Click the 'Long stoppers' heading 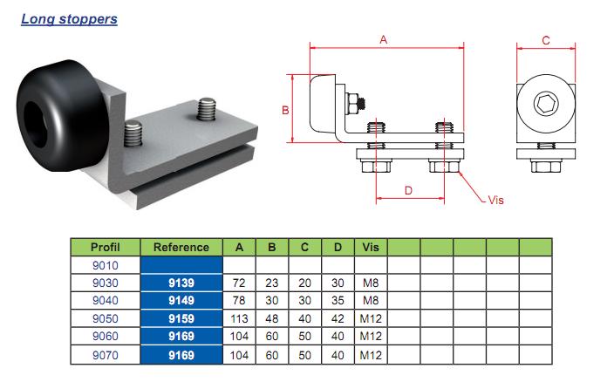(x=69, y=18)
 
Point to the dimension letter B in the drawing (x=284, y=110)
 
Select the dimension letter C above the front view (x=546, y=40)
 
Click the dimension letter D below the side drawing (x=406, y=191)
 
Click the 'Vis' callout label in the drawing (x=495, y=201)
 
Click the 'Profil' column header (x=105, y=247)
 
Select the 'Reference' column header (x=181, y=247)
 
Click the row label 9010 (x=105, y=265)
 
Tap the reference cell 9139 (x=181, y=283)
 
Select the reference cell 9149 (x=181, y=301)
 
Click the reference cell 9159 (x=181, y=319)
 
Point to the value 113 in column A (x=239, y=319)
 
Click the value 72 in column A (x=239, y=283)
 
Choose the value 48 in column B (x=272, y=319)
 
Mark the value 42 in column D (x=338, y=319)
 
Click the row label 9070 (x=105, y=356)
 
